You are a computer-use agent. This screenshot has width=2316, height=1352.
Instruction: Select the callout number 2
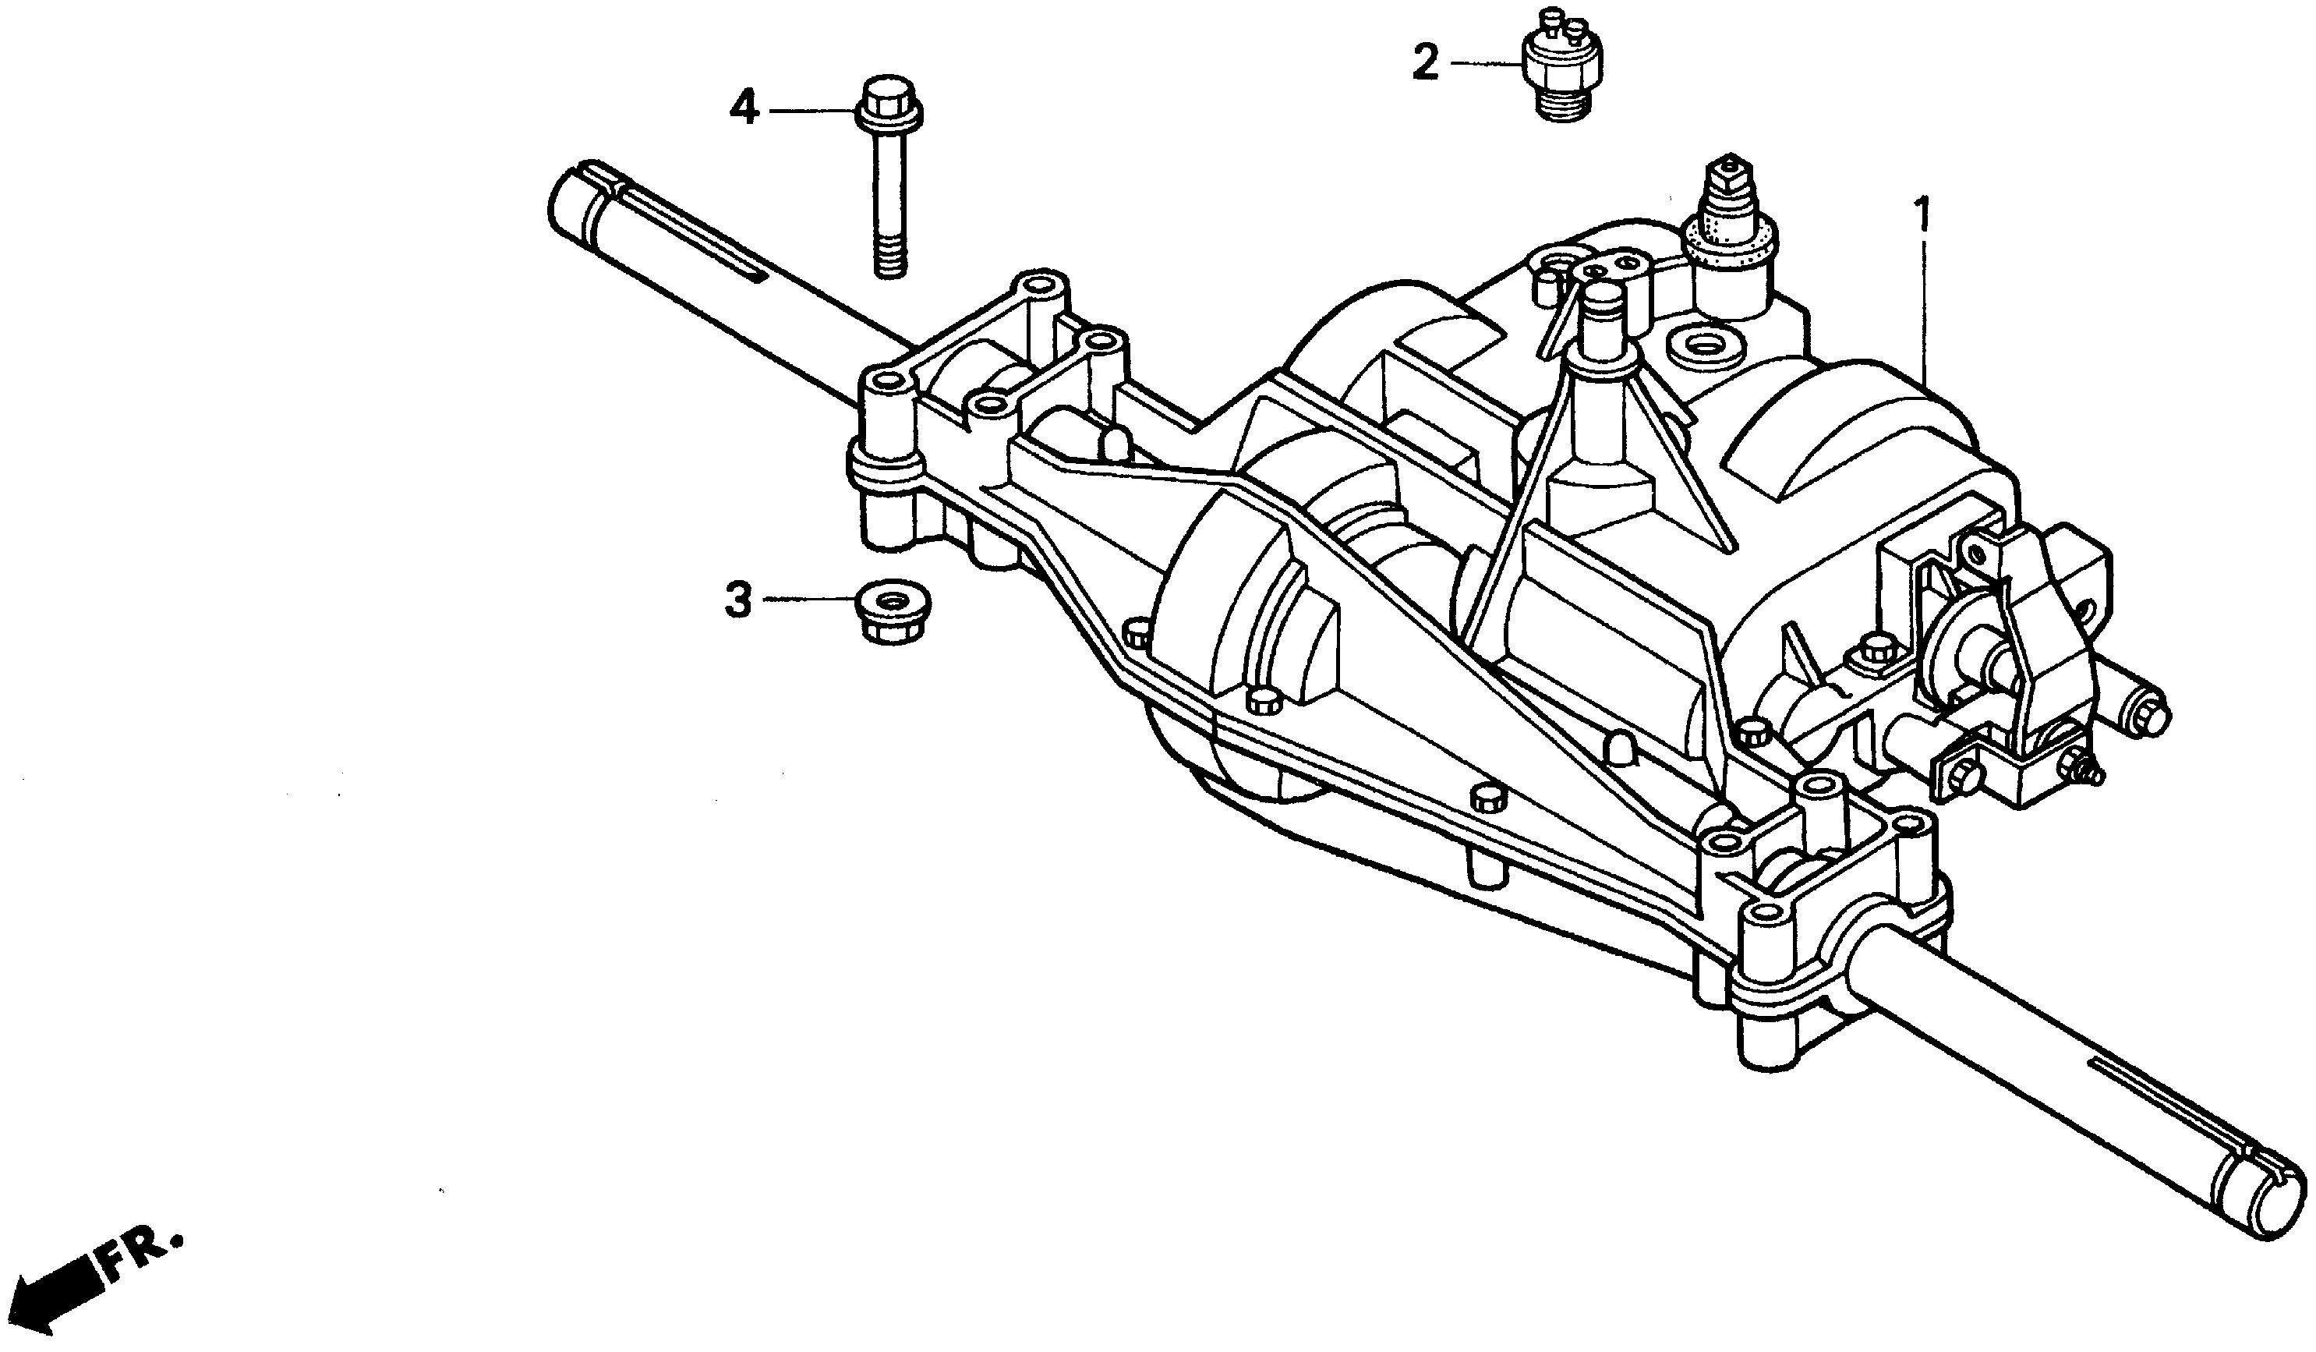[x=1426, y=62]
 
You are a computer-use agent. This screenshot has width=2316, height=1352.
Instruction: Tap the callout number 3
[x=739, y=600]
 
